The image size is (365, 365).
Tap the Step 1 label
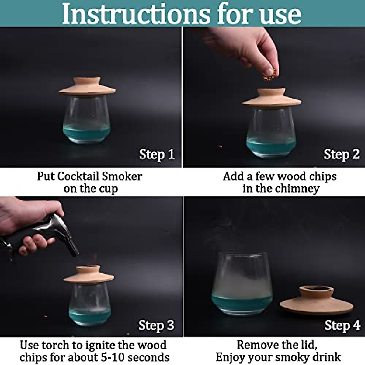tap(157, 155)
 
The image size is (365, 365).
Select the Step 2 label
tap(342, 155)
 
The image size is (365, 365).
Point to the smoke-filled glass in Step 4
tap(242, 284)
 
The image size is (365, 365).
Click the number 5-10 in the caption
tap(112, 357)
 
